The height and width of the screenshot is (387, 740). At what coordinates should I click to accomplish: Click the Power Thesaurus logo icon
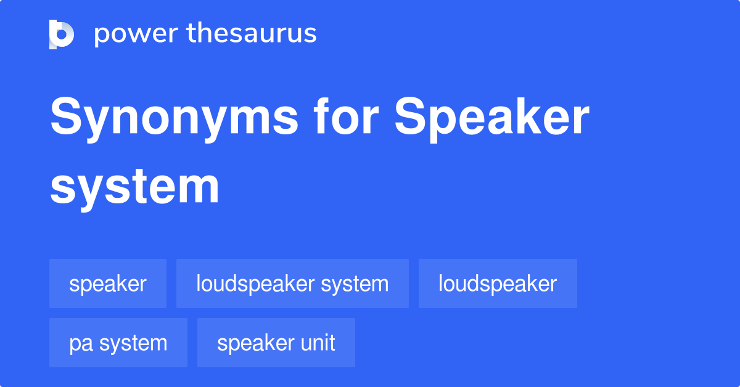point(62,35)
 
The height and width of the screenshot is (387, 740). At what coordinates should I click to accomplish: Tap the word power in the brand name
point(136,35)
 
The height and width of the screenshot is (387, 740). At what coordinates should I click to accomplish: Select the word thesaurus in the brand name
point(252,33)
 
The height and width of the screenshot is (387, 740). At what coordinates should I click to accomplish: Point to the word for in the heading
point(346,116)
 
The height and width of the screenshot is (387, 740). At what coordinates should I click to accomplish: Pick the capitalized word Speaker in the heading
point(492,119)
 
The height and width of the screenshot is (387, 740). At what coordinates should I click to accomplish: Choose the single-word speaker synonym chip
point(108,283)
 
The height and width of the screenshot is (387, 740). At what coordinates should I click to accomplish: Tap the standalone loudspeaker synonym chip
point(498,283)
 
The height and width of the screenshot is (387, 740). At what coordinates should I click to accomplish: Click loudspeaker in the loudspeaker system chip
point(255,283)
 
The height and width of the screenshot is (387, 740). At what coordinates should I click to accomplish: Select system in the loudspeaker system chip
point(355,284)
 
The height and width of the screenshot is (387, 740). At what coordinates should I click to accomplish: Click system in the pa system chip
point(133,343)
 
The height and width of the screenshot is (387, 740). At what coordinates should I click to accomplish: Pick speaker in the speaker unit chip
point(256,343)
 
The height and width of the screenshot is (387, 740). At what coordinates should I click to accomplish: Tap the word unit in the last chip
point(318,343)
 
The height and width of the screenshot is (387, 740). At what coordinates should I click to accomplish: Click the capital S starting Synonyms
point(66,116)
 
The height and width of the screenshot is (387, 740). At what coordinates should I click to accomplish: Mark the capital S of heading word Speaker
point(410,116)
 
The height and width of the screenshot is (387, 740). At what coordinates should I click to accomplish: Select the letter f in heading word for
point(323,116)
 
